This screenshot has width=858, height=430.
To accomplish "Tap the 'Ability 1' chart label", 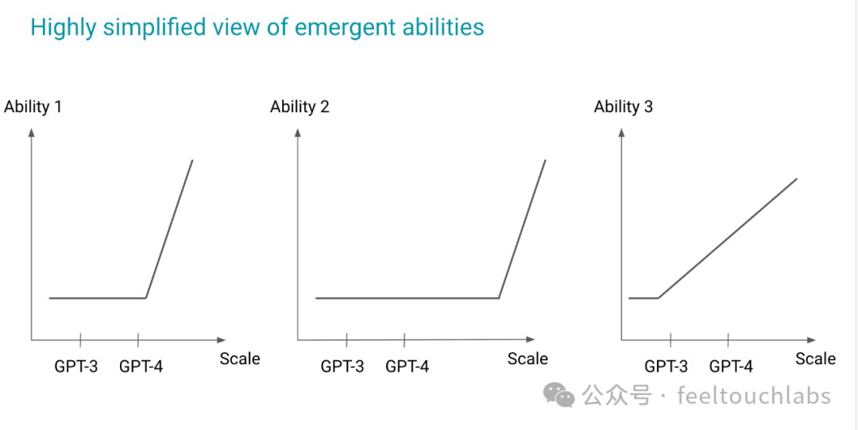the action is pyautogui.click(x=33, y=107).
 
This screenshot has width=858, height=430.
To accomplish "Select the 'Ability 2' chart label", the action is pyautogui.click(x=300, y=107).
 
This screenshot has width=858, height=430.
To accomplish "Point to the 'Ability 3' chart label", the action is pyautogui.click(x=624, y=107).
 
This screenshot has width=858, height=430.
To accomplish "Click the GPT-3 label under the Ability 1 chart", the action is pyautogui.click(x=76, y=366).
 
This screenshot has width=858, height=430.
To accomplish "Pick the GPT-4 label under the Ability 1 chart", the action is pyautogui.click(x=141, y=366).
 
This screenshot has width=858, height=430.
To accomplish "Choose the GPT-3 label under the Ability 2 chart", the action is pyautogui.click(x=342, y=366).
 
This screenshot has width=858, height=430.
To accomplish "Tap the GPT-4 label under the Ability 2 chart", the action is pyautogui.click(x=407, y=366).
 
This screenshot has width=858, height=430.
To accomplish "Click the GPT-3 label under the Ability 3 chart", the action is pyautogui.click(x=666, y=366).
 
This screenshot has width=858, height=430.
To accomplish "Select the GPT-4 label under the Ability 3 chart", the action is pyautogui.click(x=731, y=366).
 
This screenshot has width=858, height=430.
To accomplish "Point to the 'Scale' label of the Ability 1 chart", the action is pyautogui.click(x=240, y=358).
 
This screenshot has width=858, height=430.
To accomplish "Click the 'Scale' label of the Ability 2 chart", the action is pyautogui.click(x=528, y=358).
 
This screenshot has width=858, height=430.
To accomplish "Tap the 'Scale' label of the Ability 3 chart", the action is pyautogui.click(x=815, y=358).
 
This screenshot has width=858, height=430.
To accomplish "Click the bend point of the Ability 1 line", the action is pyautogui.click(x=146, y=298).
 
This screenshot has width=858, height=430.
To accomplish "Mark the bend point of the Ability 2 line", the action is pyautogui.click(x=499, y=298).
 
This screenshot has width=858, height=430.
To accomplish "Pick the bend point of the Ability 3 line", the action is pyautogui.click(x=658, y=298).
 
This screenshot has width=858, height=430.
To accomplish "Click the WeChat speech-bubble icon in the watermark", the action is pyautogui.click(x=558, y=396).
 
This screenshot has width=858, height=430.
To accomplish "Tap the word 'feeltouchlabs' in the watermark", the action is pyautogui.click(x=754, y=396).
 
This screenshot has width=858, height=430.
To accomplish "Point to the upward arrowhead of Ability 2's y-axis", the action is pyautogui.click(x=298, y=132).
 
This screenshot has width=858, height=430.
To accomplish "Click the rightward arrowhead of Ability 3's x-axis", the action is pyautogui.click(x=811, y=340).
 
